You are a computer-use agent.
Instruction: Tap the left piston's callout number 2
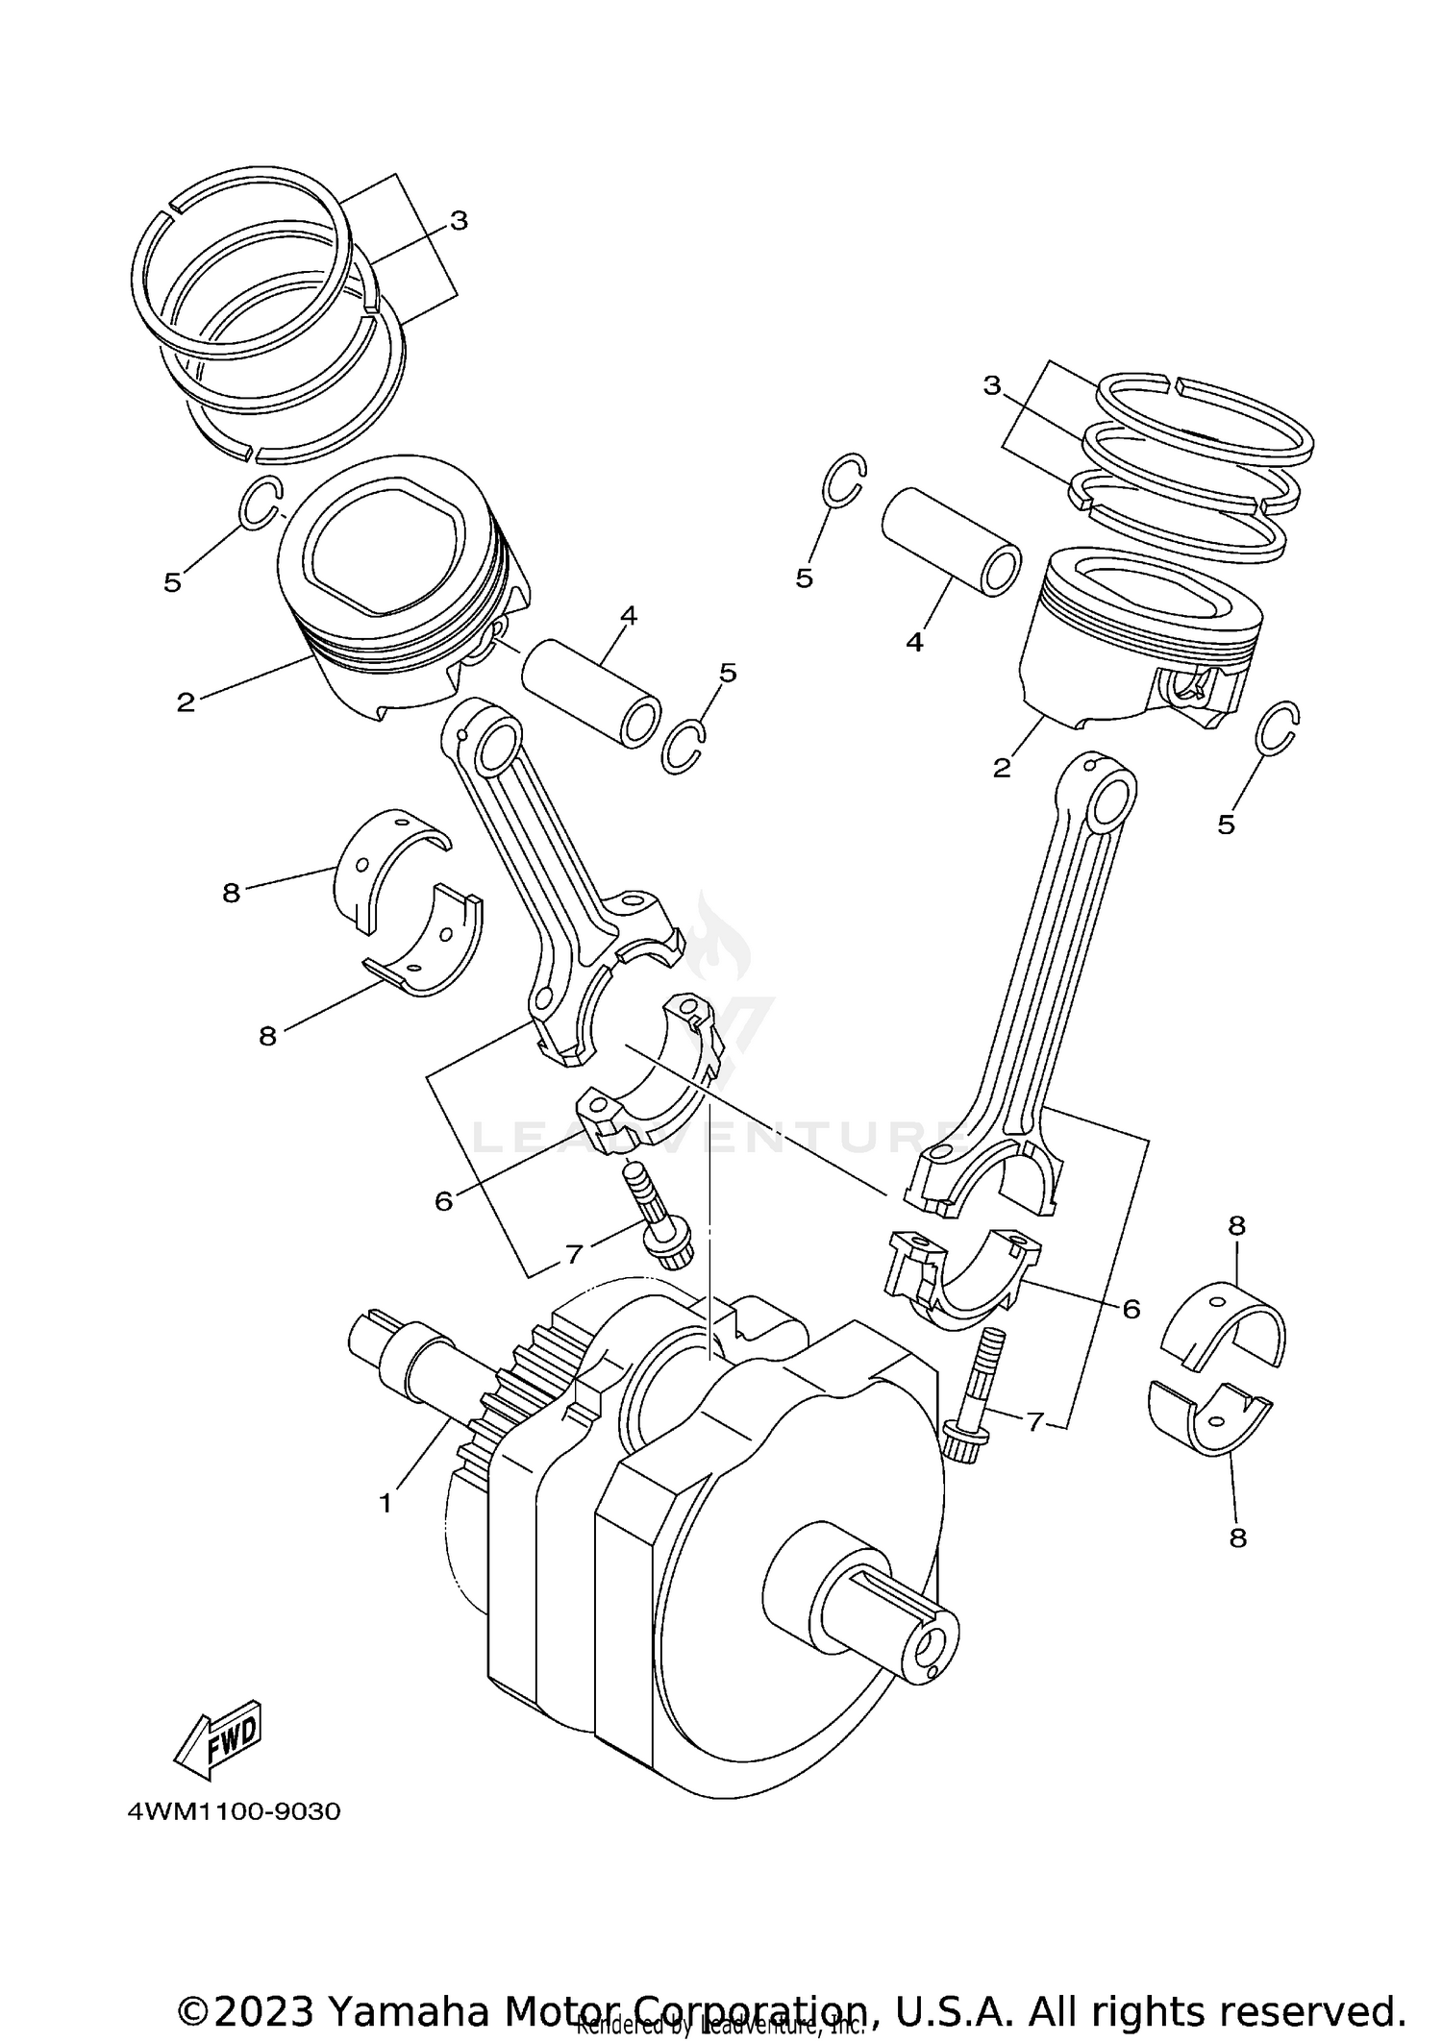point(186,702)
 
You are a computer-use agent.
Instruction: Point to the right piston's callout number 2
point(1002,768)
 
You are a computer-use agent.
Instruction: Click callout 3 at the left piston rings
point(459,221)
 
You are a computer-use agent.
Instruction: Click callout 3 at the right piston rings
point(992,385)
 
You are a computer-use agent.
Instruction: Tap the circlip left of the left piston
point(261,502)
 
